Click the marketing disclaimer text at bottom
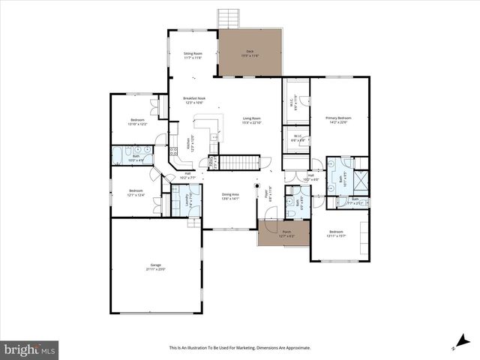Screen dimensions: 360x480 click(240, 348)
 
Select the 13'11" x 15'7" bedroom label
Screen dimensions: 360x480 click(336, 234)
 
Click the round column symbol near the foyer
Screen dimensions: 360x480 click(257, 186)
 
